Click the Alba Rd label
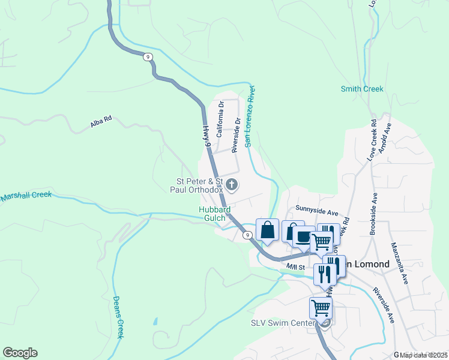click(101, 122)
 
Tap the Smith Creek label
click(361, 89)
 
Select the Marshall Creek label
click(26, 196)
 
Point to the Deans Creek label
click(119, 317)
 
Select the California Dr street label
click(220, 119)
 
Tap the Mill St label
click(296, 266)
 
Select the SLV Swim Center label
click(282, 323)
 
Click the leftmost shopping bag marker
click(267, 229)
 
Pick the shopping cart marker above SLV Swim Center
click(321, 308)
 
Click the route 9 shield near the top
click(148, 57)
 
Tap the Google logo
click(20, 353)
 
